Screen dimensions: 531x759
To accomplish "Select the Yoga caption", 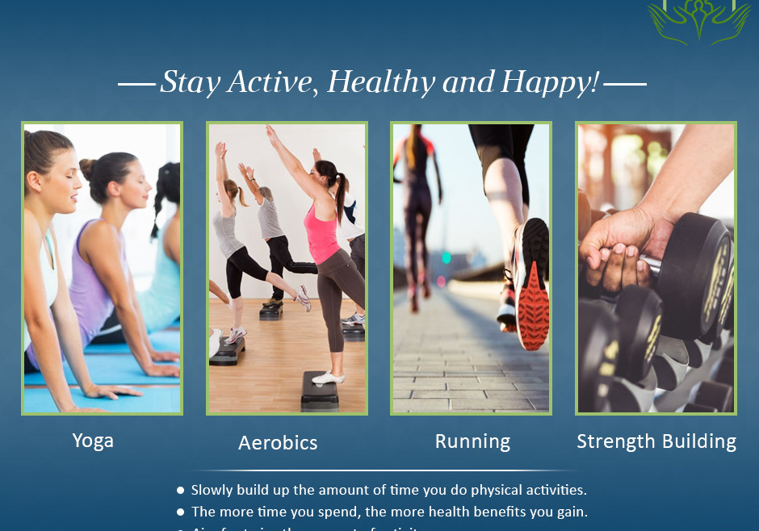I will click(93, 441).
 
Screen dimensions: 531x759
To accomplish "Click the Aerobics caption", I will click(278, 443).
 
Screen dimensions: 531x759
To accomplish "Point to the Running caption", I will click(472, 441).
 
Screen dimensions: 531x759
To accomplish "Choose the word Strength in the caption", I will click(614, 441).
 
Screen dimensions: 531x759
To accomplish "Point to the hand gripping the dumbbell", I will click(619, 246).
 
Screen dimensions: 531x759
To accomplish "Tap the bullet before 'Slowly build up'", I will click(180, 490).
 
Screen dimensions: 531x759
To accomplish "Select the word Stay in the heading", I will click(191, 82).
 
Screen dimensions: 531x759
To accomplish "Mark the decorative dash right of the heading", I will click(625, 83).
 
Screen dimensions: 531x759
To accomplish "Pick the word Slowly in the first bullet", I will click(212, 490).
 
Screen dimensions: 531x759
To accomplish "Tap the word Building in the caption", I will click(698, 441).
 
